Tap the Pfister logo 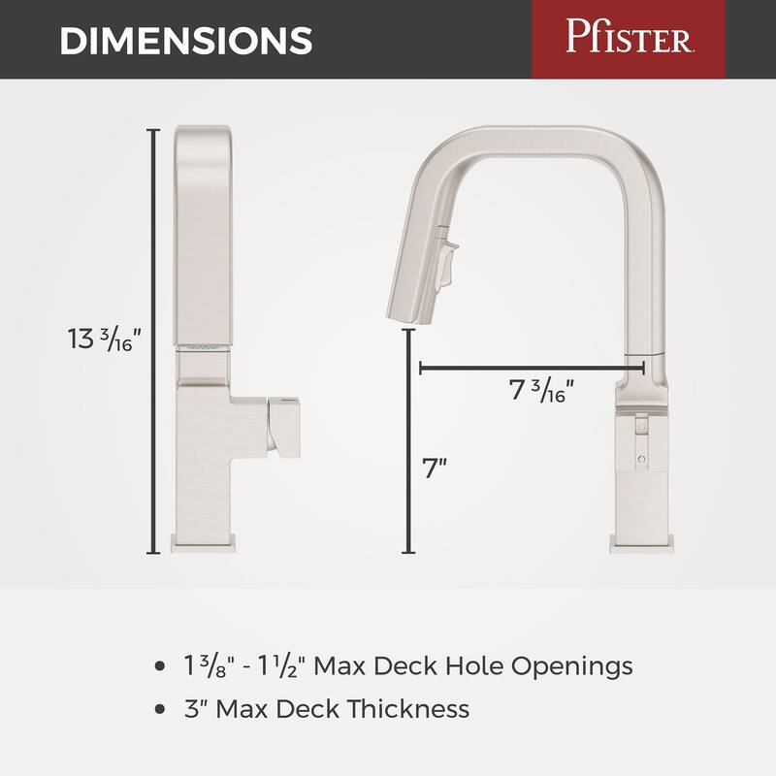628,40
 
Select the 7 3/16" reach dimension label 542,391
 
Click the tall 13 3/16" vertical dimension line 152,339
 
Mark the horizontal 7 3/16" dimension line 532,367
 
